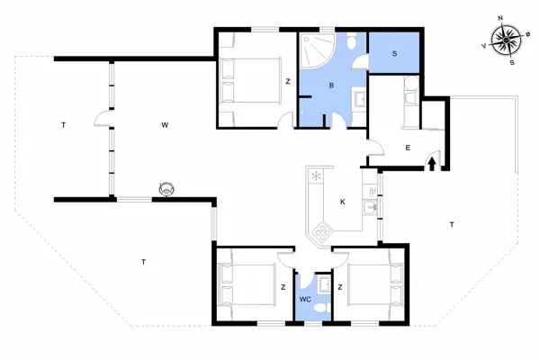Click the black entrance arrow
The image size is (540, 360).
[432, 164]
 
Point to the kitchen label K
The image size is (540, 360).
[342, 202]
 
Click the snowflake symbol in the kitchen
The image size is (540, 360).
[316, 175]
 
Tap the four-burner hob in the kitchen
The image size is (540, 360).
[320, 234]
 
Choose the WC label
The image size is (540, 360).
[305, 298]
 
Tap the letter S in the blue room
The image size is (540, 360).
[395, 55]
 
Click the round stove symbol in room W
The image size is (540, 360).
[166, 188]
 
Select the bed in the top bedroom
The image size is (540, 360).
[242, 82]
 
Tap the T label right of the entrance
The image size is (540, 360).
[449, 222]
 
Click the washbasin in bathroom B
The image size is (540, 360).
[358, 98]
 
